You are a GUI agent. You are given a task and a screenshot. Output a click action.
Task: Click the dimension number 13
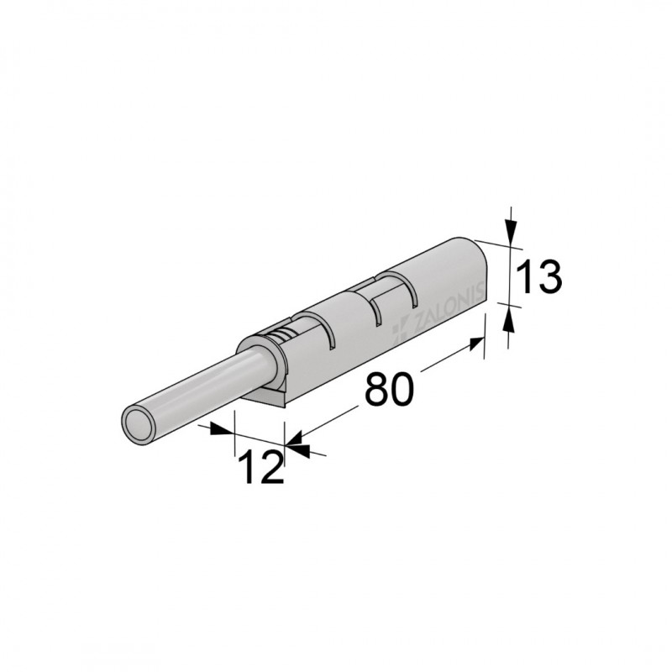tap(538, 277)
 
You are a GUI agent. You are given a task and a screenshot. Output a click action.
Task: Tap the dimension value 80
tap(389, 389)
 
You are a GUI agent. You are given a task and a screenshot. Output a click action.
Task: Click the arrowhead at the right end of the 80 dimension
tap(477, 344)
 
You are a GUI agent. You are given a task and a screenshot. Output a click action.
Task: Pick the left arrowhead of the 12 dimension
tap(222, 429)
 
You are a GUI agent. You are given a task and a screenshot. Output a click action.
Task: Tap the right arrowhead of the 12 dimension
tap(297, 448)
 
